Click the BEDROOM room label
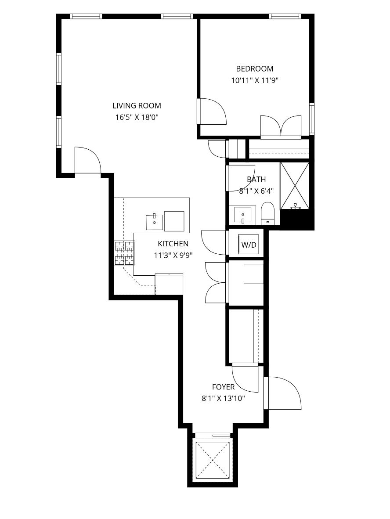click(255, 69)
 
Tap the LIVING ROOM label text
click(137, 105)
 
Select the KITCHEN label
click(173, 244)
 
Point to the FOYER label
click(223, 387)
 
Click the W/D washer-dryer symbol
click(248, 245)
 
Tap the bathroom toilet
click(267, 213)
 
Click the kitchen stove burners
click(125, 253)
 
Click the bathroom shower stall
click(295, 186)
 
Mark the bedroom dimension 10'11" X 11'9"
click(255, 80)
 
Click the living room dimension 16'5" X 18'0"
click(137, 117)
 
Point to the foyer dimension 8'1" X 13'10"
click(223, 398)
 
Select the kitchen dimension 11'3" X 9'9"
click(173, 255)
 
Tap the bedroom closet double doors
click(281, 126)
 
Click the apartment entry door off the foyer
click(282, 393)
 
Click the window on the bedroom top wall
click(285, 16)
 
